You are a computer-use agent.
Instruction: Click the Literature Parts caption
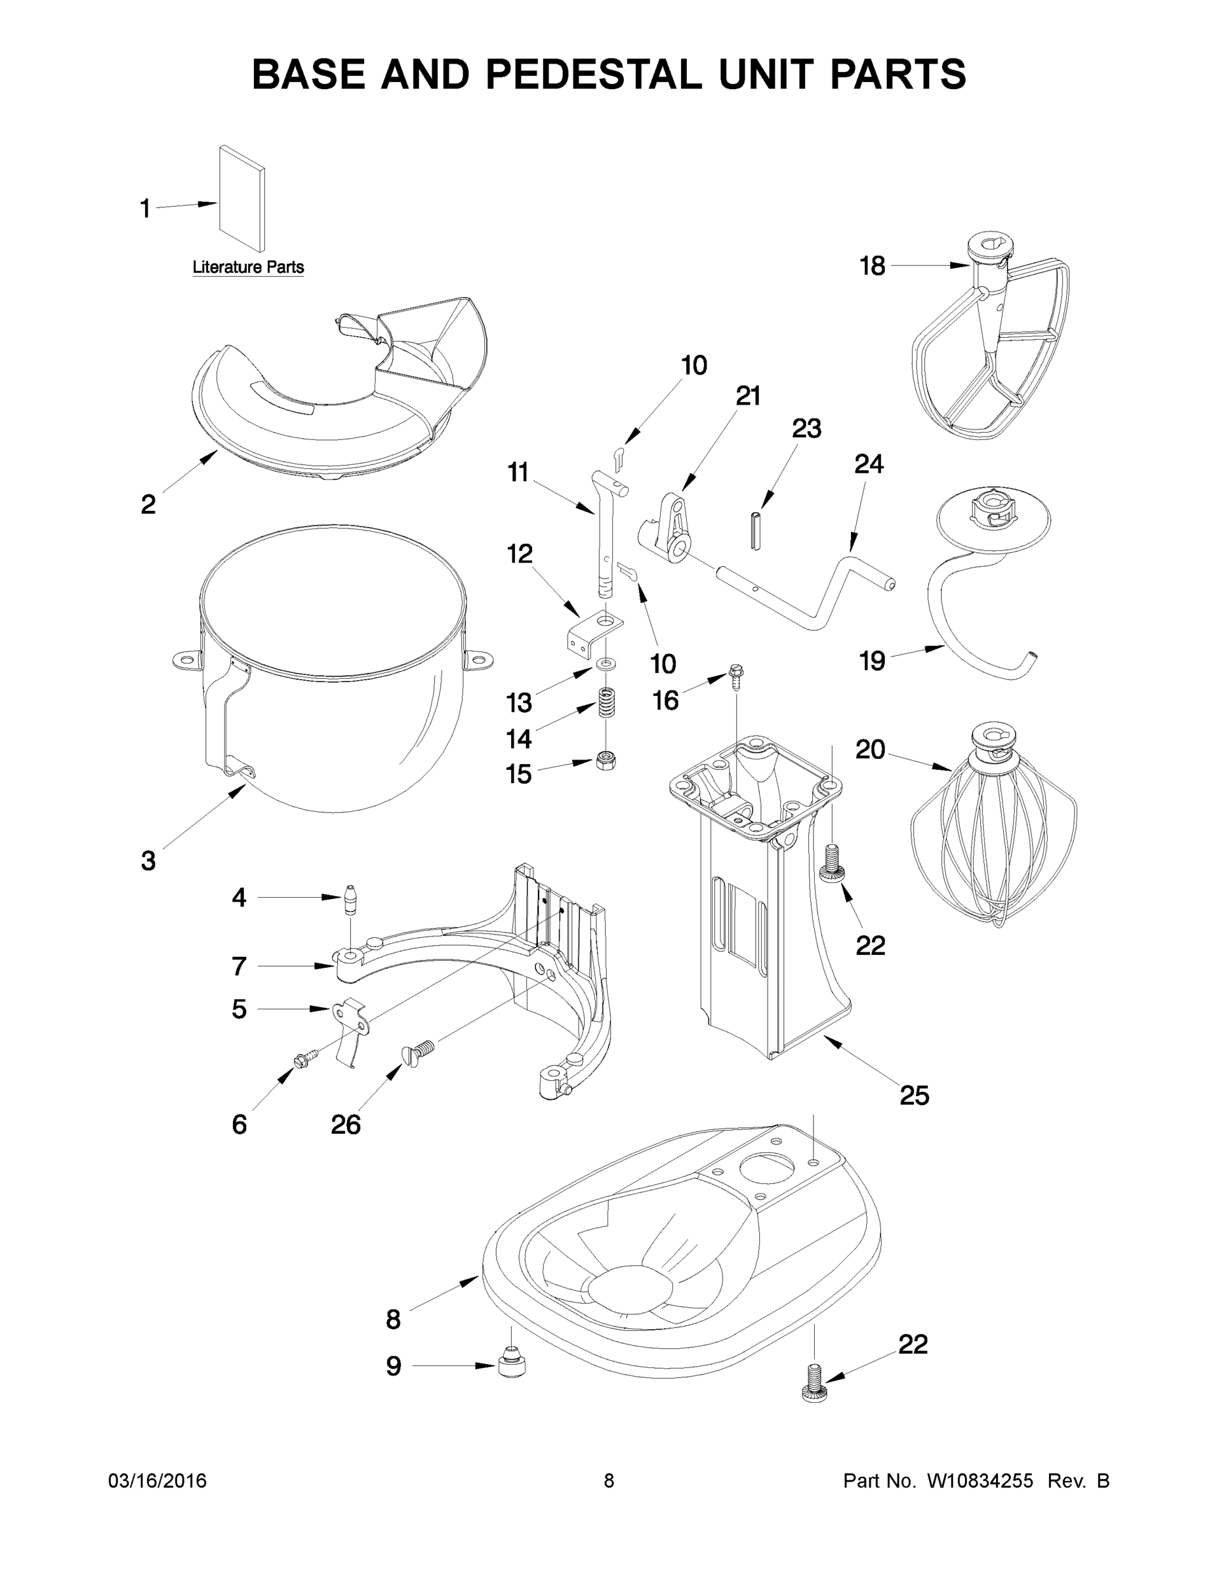tap(248, 268)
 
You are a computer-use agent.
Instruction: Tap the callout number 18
tap(873, 266)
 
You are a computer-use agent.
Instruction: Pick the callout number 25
tap(914, 1095)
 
